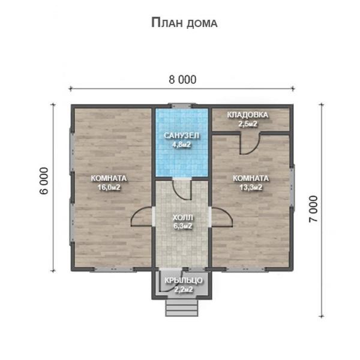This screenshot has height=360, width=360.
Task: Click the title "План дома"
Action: tap(184, 23)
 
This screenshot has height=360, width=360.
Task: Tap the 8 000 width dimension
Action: tap(182, 80)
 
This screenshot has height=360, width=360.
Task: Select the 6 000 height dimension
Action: tap(44, 181)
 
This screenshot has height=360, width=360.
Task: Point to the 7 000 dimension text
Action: tap(313, 209)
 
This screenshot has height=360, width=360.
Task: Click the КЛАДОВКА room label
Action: tap(247, 115)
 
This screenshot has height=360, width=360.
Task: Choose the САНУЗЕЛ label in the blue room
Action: tap(181, 136)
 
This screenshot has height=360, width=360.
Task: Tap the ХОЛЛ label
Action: tap(183, 217)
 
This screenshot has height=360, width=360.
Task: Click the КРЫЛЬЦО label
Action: tap(184, 280)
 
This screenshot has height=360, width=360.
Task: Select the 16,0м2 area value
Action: tap(109, 187)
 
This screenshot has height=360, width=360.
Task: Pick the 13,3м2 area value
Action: tap(251, 187)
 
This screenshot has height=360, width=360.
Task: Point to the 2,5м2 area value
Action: tap(248, 124)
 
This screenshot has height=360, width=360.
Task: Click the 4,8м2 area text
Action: tap(181, 145)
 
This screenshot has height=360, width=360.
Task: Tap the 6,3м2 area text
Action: tap(183, 226)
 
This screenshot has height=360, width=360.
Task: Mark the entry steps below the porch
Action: tap(182, 308)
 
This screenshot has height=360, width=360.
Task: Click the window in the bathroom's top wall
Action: tap(182, 106)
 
